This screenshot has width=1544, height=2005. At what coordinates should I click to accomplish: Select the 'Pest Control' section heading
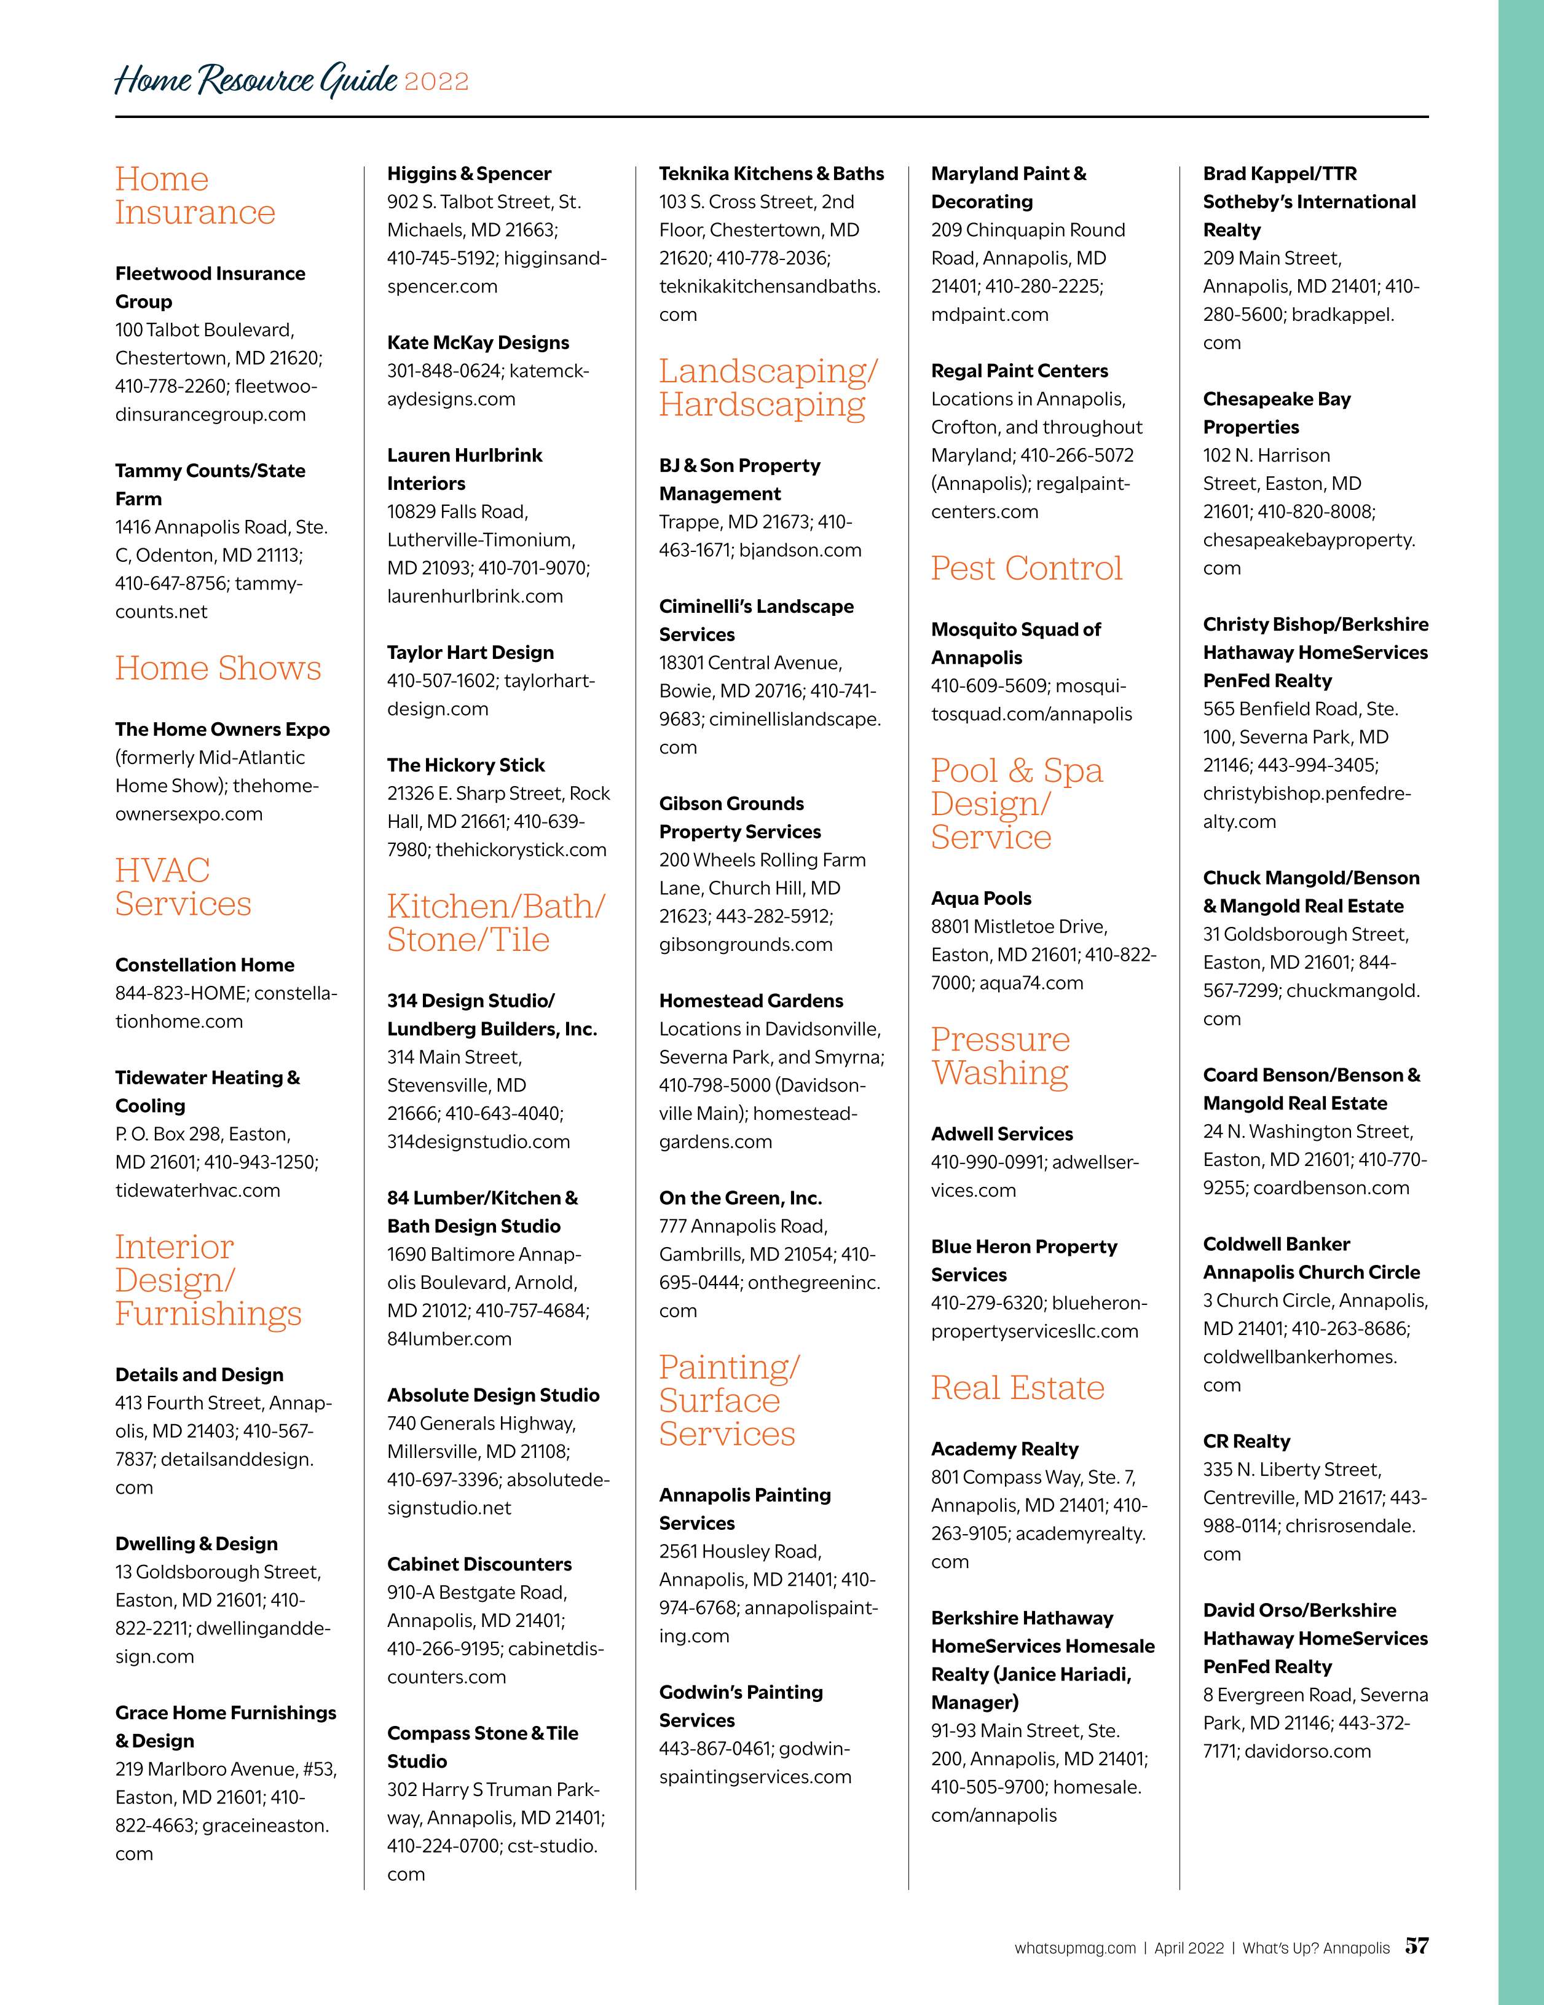(x=1026, y=569)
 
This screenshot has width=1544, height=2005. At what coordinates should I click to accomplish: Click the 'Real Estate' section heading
(x=1017, y=1387)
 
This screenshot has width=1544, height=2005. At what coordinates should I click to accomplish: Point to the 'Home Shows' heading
(x=218, y=668)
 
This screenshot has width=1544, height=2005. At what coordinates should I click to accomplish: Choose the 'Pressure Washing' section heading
(x=1001, y=1056)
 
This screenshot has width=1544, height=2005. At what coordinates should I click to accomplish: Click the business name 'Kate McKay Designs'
(x=478, y=342)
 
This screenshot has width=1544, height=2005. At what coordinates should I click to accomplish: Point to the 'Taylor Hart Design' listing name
(x=470, y=653)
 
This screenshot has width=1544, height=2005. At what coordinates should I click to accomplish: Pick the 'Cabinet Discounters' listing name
(x=479, y=1564)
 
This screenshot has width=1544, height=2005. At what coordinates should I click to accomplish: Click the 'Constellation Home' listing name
(x=205, y=965)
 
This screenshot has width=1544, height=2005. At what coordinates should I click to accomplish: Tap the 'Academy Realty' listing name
(x=1004, y=1449)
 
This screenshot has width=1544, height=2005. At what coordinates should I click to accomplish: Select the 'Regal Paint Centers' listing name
(x=1019, y=371)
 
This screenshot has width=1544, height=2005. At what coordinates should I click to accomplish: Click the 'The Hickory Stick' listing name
(x=465, y=765)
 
